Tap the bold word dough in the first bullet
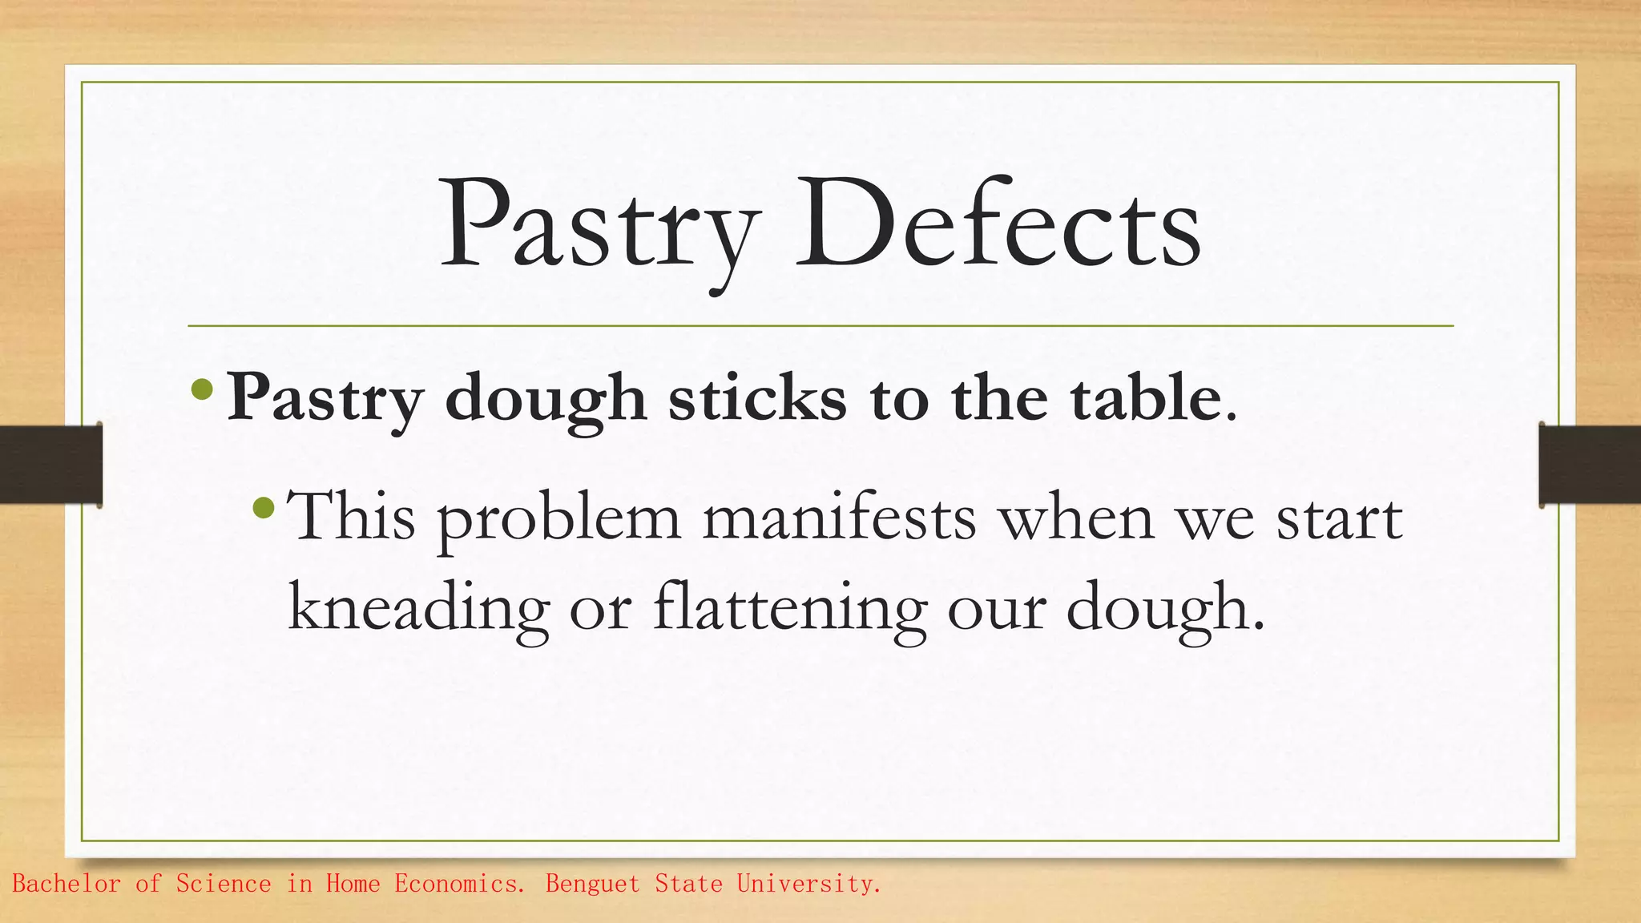545,399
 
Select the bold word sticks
757,397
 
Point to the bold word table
1146,397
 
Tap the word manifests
840,517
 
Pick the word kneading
418,607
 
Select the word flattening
790,607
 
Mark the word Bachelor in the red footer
67,884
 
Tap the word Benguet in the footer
592,884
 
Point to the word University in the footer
808,884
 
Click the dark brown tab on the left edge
50,464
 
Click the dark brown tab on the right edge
1590,464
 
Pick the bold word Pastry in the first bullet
325,399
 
